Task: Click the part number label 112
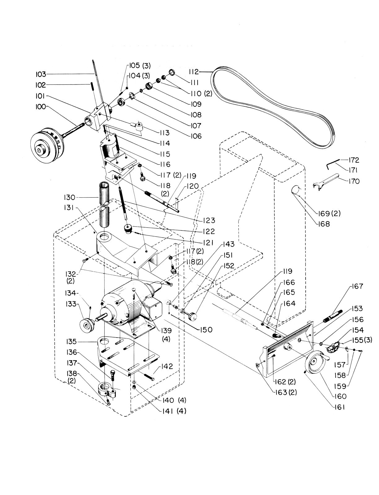[194, 72]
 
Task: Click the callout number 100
[41, 106]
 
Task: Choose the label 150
[206, 329]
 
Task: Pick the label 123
[209, 221]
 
